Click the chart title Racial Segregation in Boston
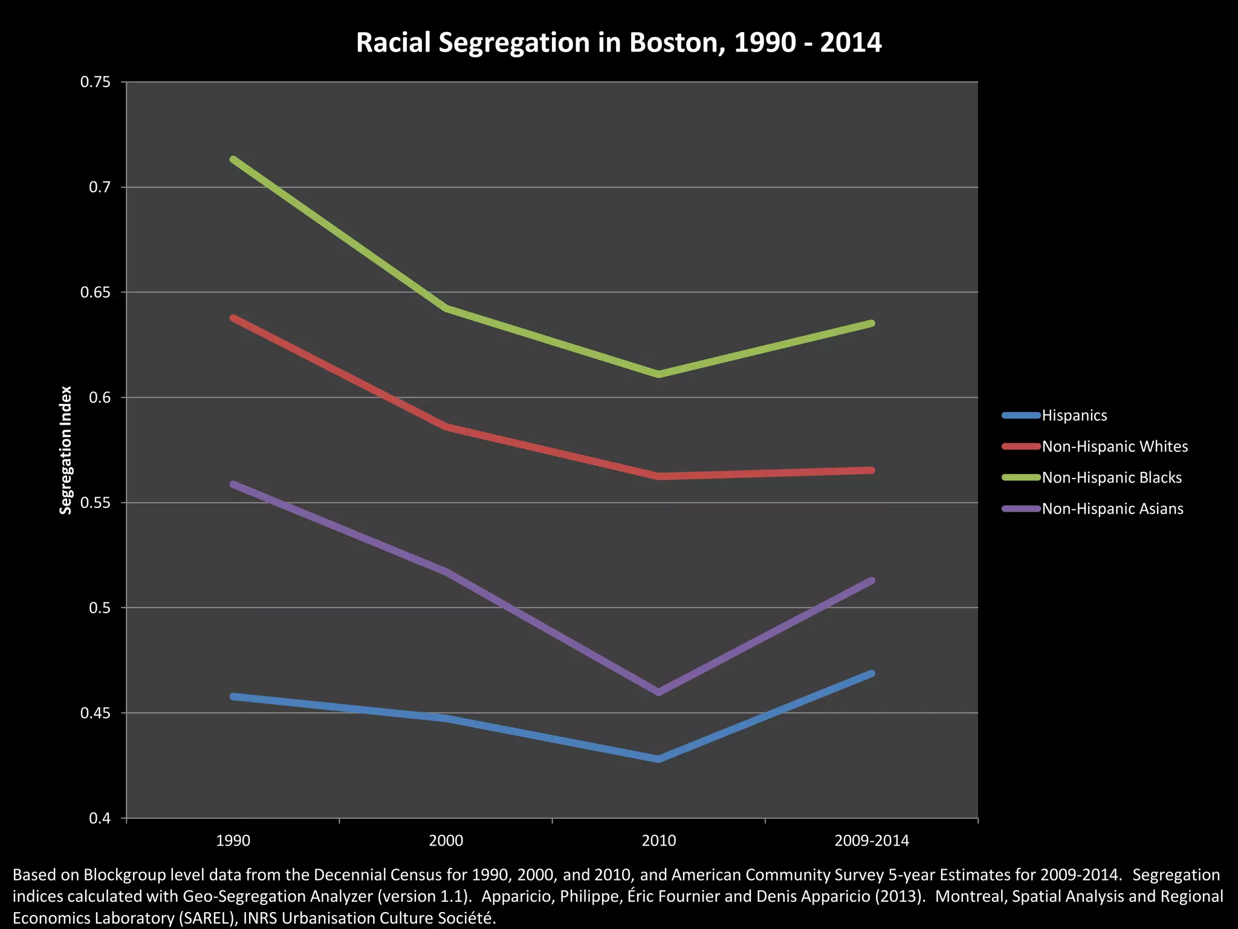tap(618, 43)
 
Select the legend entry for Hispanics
tap(1074, 416)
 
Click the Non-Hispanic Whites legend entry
tap(1115, 446)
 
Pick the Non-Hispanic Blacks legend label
tap(1112, 478)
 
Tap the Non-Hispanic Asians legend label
tap(1112, 509)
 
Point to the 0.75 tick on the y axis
tap(100, 82)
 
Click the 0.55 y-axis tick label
tap(100, 503)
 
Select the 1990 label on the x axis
tap(233, 841)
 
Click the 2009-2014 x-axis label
tap(871, 841)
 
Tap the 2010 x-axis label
tap(658, 841)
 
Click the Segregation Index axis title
tap(66, 450)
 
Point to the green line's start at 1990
tap(233, 160)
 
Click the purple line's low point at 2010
tap(658, 692)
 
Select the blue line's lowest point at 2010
tap(658, 758)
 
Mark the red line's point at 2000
tap(446, 426)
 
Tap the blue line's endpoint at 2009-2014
tap(871, 674)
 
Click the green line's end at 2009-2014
tap(871, 324)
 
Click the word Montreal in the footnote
tap(967, 896)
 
